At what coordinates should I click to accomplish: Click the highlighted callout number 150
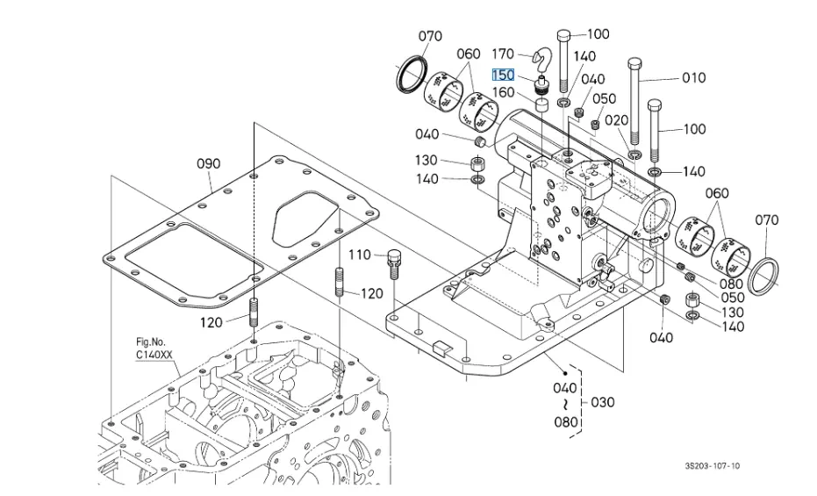pos(503,75)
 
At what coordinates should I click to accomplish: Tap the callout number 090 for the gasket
pos(209,163)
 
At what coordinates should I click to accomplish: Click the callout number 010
pos(694,77)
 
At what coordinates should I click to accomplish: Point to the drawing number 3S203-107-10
pos(712,466)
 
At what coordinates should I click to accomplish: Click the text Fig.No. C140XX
pos(154,349)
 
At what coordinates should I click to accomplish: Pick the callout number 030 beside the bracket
pos(603,402)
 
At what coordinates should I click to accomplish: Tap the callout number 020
pos(617,120)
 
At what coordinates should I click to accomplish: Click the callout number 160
pos(503,92)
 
